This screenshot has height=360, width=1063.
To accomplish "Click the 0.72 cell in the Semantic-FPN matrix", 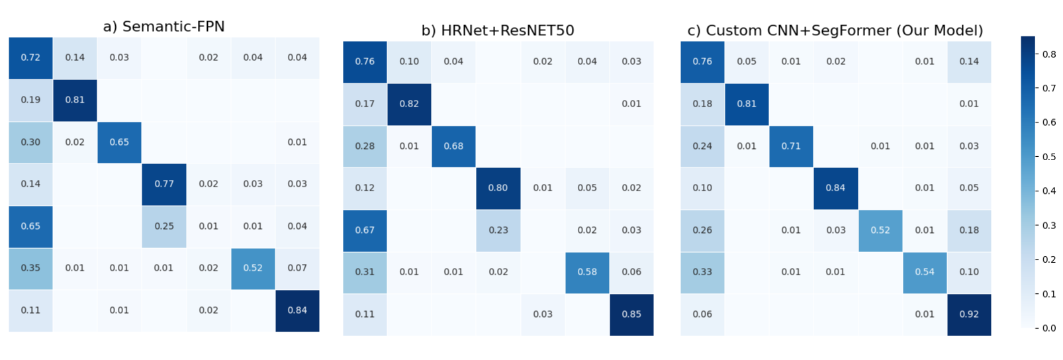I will click(30, 58).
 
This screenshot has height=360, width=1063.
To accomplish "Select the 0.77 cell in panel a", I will click(164, 184).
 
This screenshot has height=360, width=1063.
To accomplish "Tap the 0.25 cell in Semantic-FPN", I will click(164, 226).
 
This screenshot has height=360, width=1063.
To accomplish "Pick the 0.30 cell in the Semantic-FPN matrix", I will click(30, 142).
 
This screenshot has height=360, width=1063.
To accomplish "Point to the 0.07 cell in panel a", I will click(297, 268).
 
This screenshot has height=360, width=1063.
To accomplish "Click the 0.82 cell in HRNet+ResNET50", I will click(409, 104).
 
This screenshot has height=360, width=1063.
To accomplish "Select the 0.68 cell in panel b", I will click(453, 146).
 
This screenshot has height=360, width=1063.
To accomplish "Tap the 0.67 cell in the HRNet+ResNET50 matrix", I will click(365, 230).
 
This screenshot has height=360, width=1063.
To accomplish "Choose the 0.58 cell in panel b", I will click(587, 272).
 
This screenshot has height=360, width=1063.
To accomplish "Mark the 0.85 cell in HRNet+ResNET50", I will click(631, 314).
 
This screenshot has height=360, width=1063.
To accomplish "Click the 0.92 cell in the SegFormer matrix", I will click(969, 314).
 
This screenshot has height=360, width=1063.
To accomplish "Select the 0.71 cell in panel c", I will click(791, 146).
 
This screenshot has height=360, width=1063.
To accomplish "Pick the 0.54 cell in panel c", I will click(925, 272).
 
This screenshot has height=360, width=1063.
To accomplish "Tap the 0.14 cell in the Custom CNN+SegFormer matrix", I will click(969, 62).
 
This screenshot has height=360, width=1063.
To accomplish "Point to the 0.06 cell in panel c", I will click(702, 314).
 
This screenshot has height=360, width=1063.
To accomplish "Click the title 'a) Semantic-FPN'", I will click(163, 26).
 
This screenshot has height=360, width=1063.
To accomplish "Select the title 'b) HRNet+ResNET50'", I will click(498, 30).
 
